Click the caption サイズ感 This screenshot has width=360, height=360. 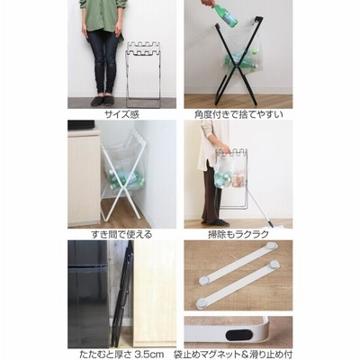(121, 114)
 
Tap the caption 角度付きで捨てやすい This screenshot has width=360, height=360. (238, 114)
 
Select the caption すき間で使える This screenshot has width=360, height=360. (121, 234)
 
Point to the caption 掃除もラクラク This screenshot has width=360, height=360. (238, 234)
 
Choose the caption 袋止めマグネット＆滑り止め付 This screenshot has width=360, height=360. (233, 355)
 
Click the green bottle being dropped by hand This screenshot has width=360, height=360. (226, 15)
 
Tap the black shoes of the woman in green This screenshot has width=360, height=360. (103, 101)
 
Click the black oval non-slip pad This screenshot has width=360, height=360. (238, 335)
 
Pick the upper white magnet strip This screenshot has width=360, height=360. (238, 263)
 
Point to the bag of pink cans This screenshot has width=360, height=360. (238, 178)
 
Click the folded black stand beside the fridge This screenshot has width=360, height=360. (121, 295)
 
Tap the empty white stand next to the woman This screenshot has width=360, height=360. (143, 75)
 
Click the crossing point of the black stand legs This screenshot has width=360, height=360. (237, 62)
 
